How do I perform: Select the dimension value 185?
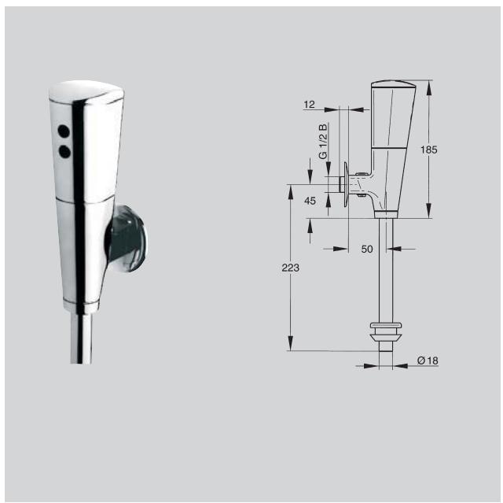click(450, 150)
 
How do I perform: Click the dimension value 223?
click(290, 268)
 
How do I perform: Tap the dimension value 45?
click(310, 201)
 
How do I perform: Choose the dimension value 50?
click(367, 250)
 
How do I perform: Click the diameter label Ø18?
click(428, 360)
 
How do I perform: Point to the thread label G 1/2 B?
click(323, 142)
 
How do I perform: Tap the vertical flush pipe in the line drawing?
click(385, 268)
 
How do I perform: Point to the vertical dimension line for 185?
click(429, 150)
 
